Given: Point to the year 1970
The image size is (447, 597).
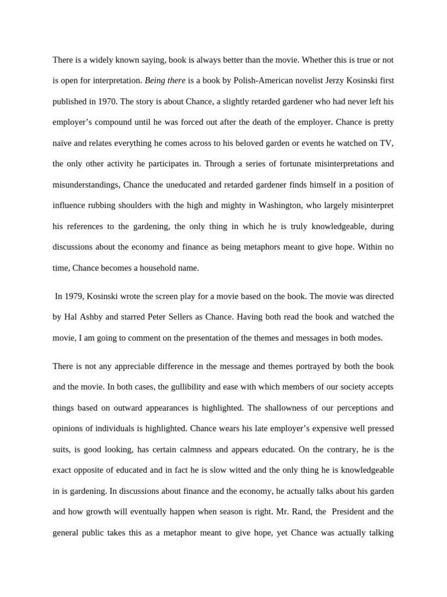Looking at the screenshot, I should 100,101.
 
